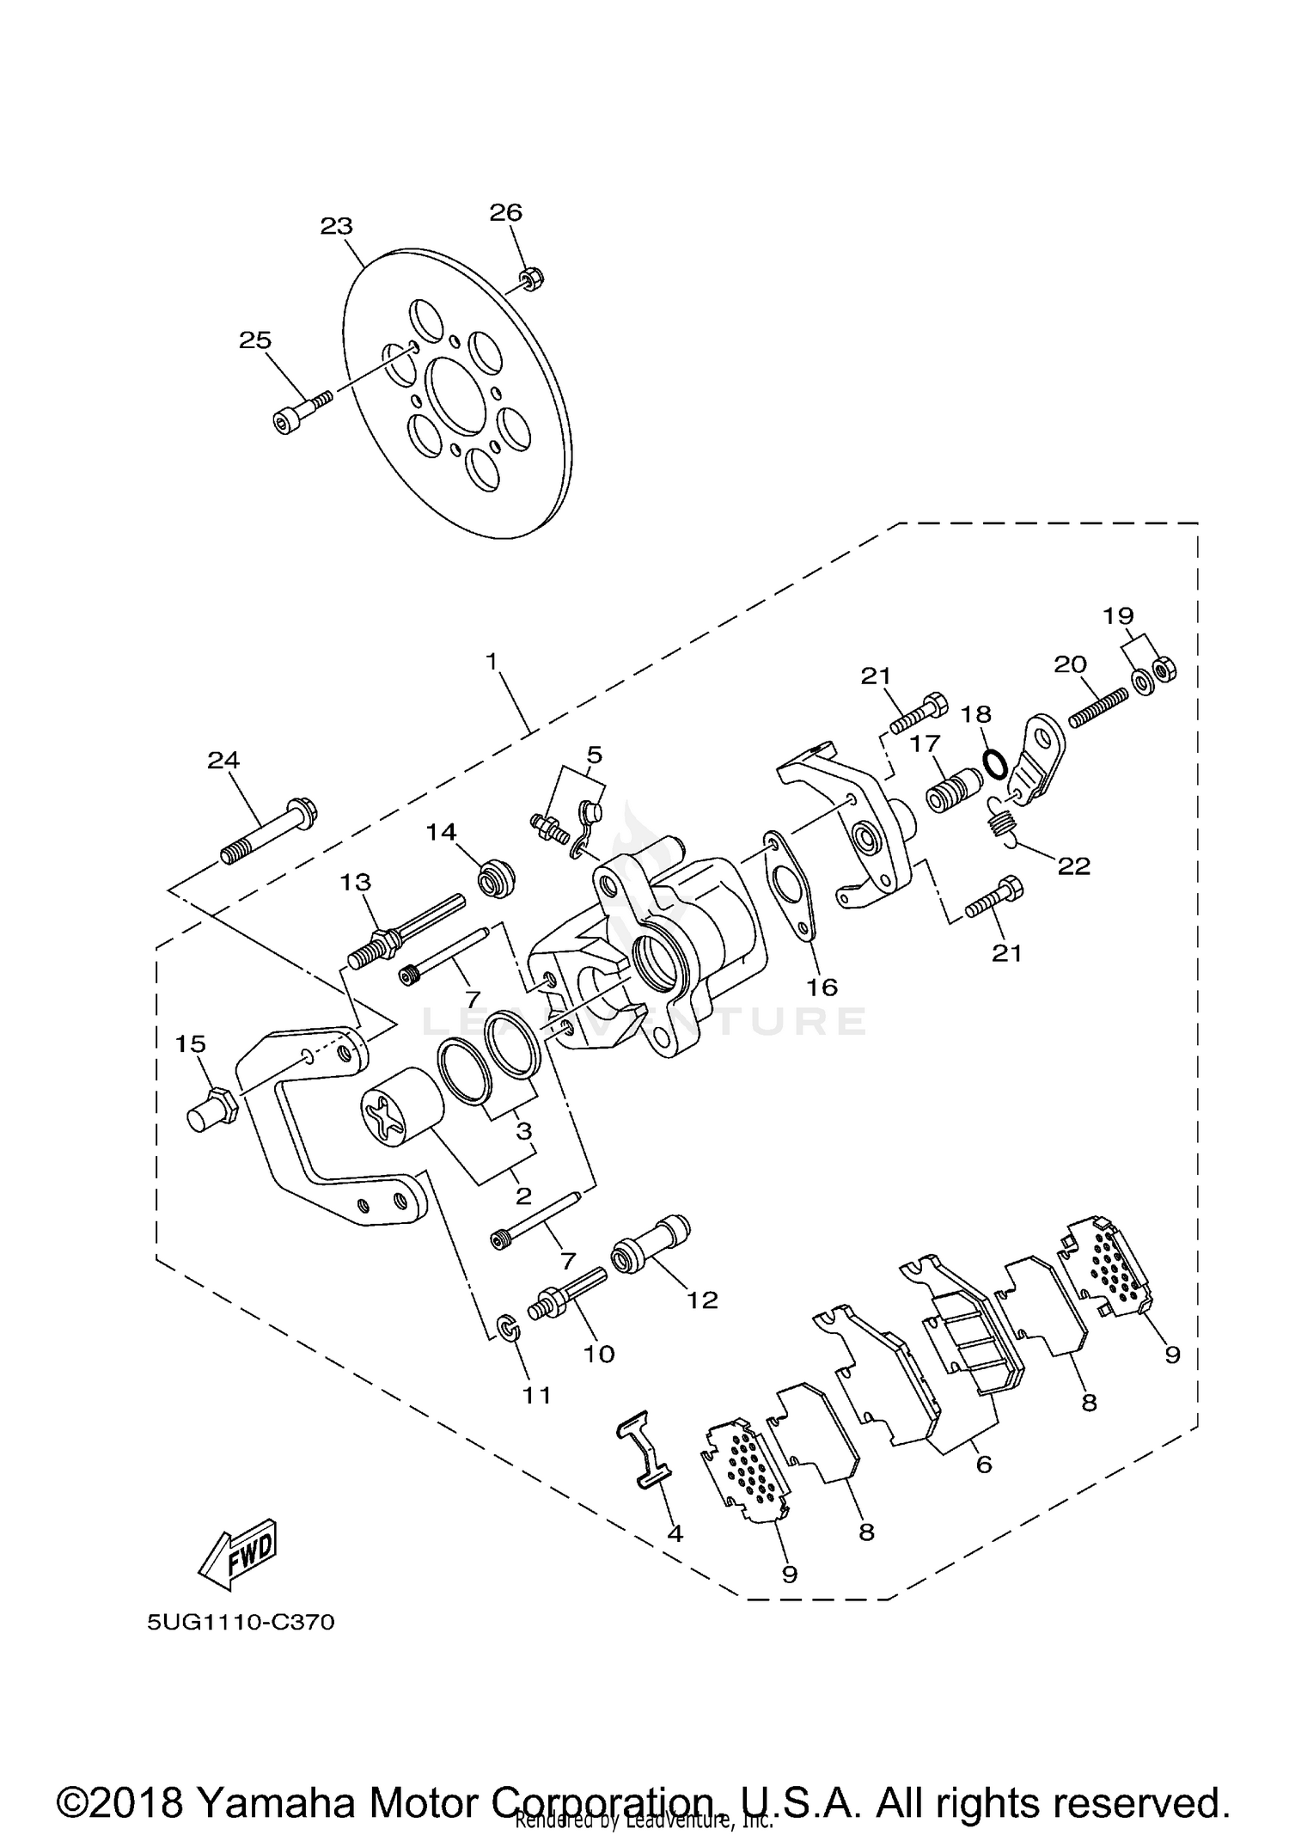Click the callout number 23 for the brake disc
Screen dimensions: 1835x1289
coord(336,226)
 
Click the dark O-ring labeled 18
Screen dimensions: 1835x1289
coord(994,762)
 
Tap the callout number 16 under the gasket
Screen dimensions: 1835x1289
coord(822,987)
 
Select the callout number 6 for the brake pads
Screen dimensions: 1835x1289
coord(984,1465)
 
